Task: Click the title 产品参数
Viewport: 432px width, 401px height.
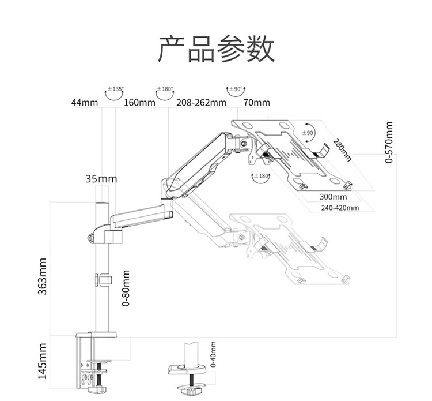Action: coord(216,50)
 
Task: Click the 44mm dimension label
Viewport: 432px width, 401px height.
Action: coord(84,103)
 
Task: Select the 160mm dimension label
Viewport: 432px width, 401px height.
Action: coord(140,103)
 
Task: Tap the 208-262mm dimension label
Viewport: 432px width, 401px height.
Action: coord(201,103)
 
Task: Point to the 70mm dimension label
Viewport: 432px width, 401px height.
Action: coord(256,103)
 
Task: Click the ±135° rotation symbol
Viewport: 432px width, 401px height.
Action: coord(115,91)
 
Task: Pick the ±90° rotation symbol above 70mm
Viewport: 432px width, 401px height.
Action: coord(236,91)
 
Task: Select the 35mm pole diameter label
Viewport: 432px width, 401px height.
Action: coord(101,179)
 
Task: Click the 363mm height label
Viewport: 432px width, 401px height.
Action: coord(43,277)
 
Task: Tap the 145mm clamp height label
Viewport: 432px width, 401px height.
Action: coord(43,361)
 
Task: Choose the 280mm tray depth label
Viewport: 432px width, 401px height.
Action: coord(342,149)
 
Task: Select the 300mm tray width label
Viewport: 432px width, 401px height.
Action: coord(334,197)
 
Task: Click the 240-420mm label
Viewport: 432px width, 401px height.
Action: coord(340,208)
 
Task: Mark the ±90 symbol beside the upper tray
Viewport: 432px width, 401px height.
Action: coord(310,132)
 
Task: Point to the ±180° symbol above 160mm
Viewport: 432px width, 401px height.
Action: coord(165,91)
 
